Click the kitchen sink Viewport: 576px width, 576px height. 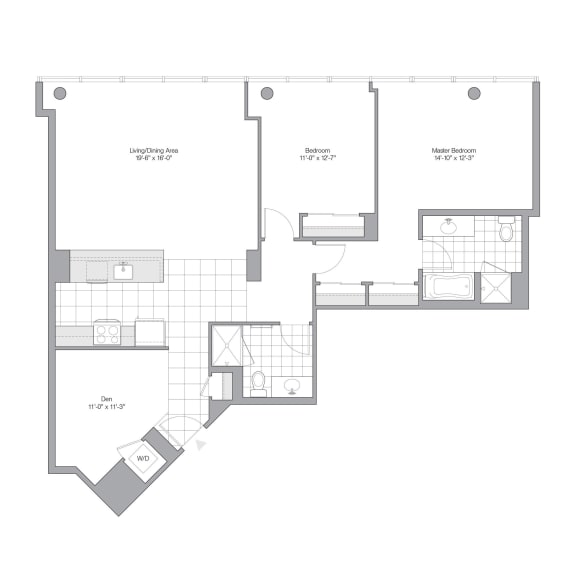pos(123,270)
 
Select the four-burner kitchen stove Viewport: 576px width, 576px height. pos(107,332)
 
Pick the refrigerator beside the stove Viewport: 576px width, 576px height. pos(150,332)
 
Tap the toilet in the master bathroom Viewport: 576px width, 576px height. pos(506,232)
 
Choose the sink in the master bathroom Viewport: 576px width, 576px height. pos(449,227)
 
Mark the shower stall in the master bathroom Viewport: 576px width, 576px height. pos(496,287)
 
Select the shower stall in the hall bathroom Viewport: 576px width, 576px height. pos(226,346)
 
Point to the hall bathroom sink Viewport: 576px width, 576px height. pos(293,386)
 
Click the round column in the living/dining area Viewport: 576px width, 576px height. pos(60,94)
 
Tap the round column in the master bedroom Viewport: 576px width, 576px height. pos(474,94)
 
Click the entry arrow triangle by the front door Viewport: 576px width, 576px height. pos(203,444)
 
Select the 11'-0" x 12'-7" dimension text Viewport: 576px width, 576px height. pos(319,158)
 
